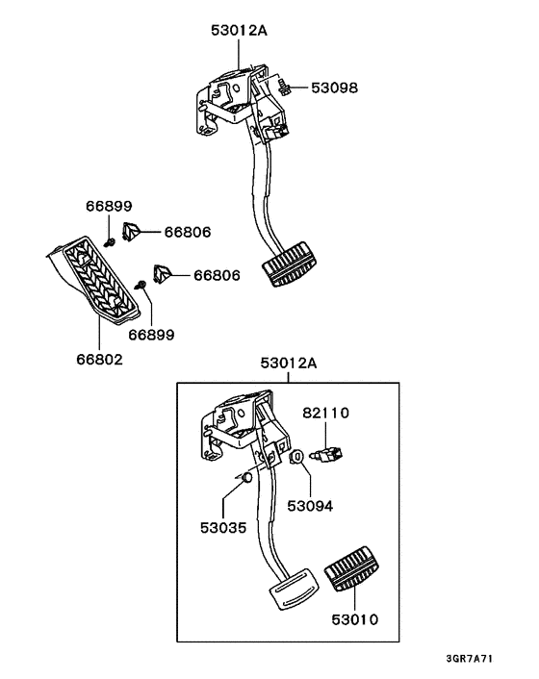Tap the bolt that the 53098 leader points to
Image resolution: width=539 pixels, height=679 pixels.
click(285, 88)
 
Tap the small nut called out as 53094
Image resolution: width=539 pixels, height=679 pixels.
click(298, 457)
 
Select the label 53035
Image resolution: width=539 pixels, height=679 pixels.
click(221, 525)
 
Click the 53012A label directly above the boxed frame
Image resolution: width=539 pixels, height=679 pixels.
click(288, 364)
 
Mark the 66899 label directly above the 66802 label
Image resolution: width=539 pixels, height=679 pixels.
click(152, 334)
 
